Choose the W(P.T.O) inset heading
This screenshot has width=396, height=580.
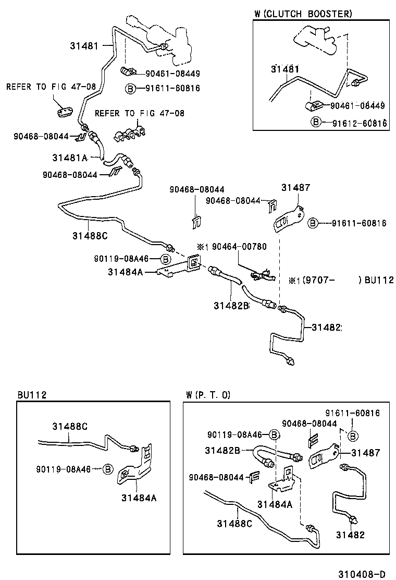(208, 395)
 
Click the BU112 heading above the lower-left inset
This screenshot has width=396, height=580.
(32, 395)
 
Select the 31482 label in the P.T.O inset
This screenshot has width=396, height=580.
(350, 535)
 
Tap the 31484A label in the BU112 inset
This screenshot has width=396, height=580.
(139, 498)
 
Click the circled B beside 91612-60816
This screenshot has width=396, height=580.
(315, 123)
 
